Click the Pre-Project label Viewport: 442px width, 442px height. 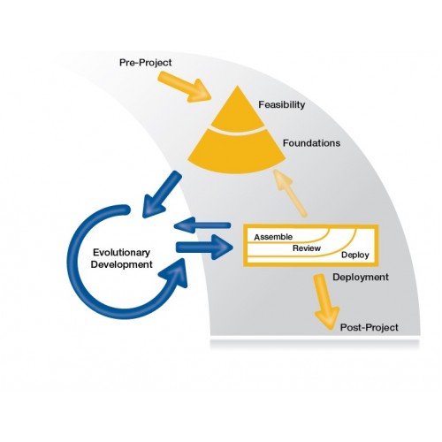click(145, 63)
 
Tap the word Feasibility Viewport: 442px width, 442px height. click(282, 104)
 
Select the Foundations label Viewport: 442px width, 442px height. click(311, 143)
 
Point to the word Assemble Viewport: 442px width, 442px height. click(273, 237)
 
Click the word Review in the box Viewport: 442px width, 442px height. click(307, 248)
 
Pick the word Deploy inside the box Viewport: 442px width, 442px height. click(355, 255)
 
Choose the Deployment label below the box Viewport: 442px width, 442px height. click(361, 277)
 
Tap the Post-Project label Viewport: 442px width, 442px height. click(369, 327)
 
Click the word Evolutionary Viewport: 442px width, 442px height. click(121, 253)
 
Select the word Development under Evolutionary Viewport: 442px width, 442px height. click(121, 264)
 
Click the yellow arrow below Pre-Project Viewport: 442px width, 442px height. click(185, 87)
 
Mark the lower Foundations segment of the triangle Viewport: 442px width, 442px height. click(237, 153)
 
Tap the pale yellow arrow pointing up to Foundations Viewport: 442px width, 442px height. click(290, 193)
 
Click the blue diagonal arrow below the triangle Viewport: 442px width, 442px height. click(161, 194)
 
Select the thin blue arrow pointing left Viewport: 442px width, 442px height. click(202, 225)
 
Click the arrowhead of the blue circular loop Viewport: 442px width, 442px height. click(175, 272)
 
